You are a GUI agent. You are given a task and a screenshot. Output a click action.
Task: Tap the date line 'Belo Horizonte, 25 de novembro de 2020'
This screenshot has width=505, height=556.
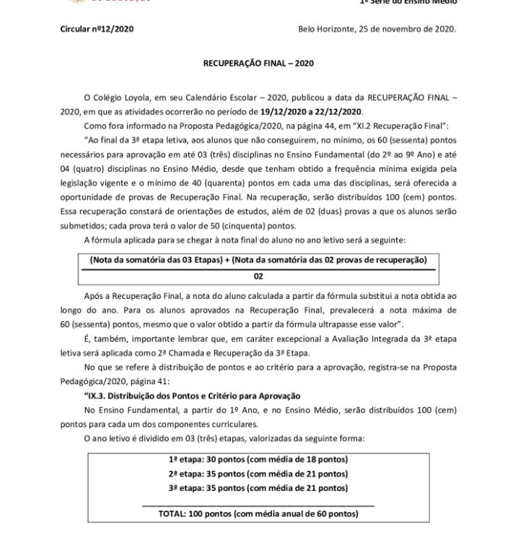[376, 29]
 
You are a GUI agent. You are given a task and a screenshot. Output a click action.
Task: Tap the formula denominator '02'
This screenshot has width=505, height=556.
[258, 276]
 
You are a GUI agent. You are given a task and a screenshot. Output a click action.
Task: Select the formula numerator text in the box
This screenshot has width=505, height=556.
[258, 259]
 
